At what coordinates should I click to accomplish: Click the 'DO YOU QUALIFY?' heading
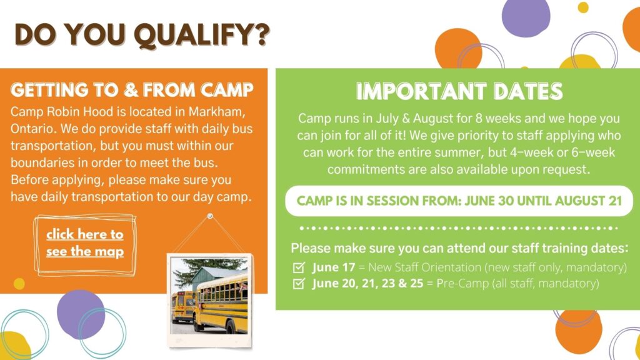point(142,35)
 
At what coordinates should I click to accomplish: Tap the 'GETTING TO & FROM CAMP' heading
point(132,90)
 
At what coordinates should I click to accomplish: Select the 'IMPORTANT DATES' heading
point(459,91)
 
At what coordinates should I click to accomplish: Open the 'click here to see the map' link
point(85,243)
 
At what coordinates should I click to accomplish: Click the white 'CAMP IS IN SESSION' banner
point(459,201)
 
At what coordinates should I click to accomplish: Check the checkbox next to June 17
point(299,267)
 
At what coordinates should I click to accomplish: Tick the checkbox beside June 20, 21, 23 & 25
point(299,283)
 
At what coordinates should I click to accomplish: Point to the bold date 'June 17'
point(334,267)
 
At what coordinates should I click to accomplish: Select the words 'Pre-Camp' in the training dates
point(462,283)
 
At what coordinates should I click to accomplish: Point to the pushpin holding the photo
point(210,216)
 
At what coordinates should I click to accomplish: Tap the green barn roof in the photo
point(216,274)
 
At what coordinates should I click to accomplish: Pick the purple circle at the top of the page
point(526,17)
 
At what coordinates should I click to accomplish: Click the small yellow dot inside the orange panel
point(19,283)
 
